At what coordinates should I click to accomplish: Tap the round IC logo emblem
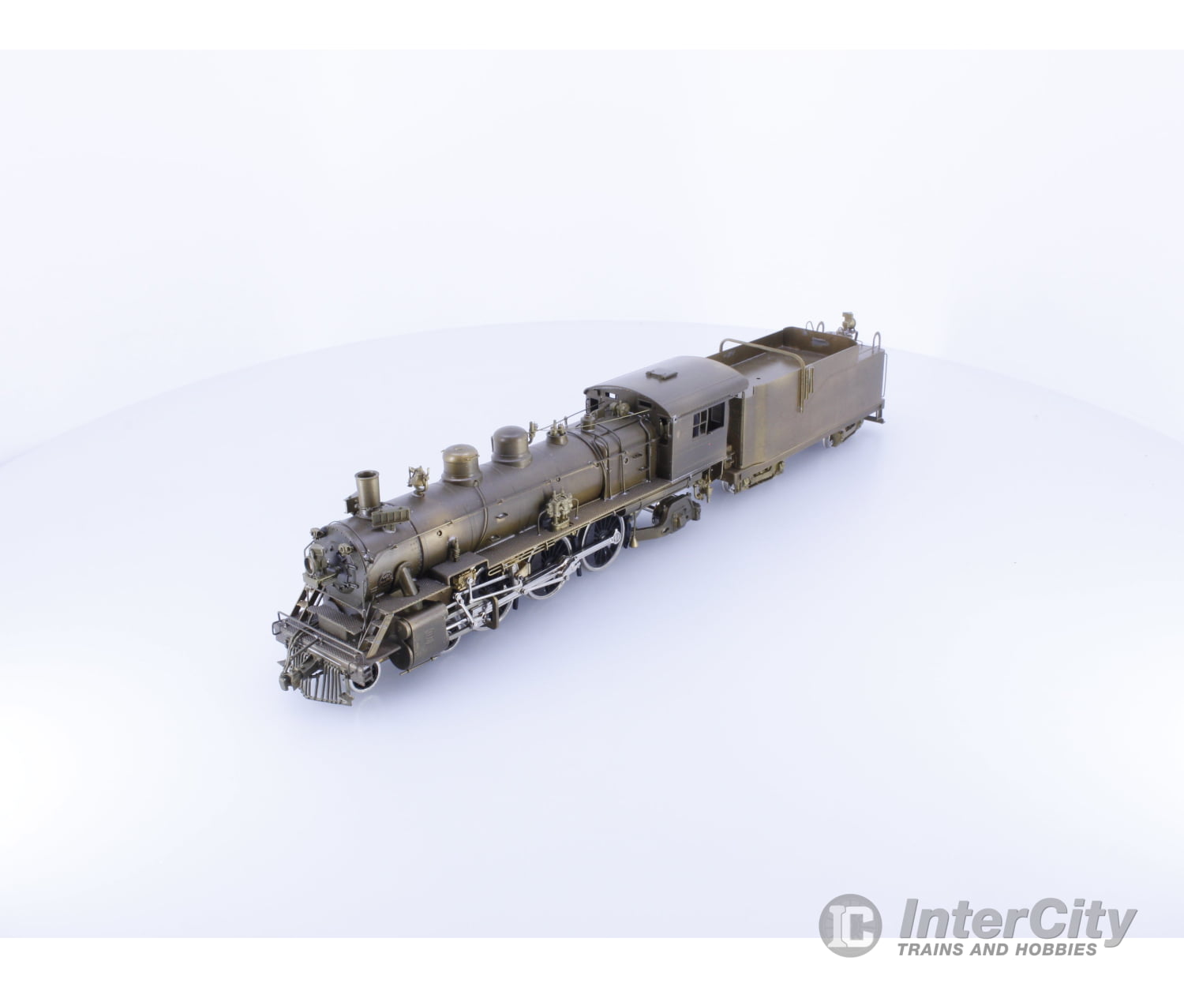point(849,925)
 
